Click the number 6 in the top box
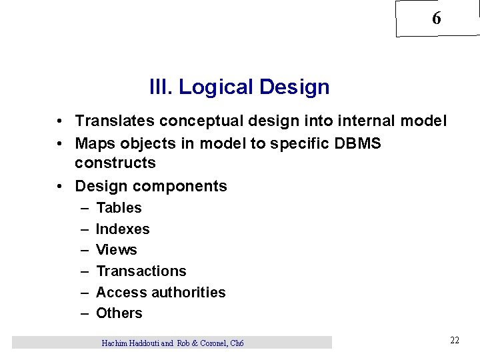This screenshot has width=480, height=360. click(436, 19)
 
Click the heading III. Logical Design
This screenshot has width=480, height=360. click(239, 87)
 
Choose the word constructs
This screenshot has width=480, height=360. click(115, 163)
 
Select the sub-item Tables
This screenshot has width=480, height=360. click(119, 208)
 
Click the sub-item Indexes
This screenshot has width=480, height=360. click(123, 229)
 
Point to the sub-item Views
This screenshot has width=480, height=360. click(117, 250)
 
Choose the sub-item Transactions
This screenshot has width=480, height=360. click(141, 271)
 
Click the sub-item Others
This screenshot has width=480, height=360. click(119, 313)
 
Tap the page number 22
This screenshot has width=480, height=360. click(455, 341)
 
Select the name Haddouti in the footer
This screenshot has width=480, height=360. click(139, 343)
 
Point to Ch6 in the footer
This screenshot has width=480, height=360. click(236, 343)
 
